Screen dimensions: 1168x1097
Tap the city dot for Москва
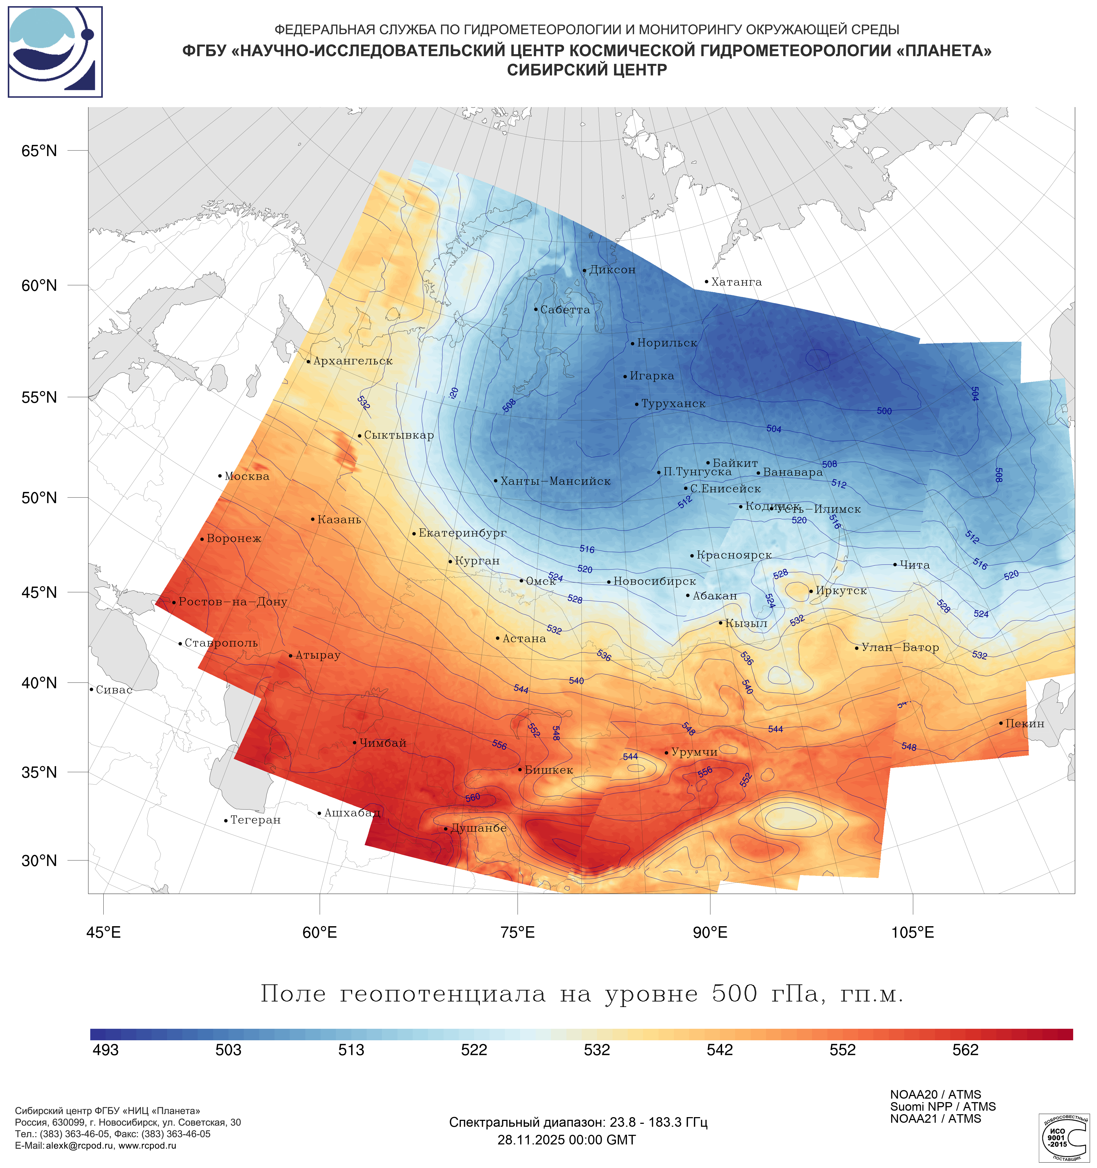(220, 476)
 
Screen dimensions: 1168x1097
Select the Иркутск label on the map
(841, 591)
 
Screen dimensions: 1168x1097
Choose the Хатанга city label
(736, 282)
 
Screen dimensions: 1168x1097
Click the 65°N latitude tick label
(39, 151)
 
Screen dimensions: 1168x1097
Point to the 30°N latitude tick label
(39, 861)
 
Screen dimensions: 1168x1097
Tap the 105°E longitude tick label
(912, 932)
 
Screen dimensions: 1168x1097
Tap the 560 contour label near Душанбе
(472, 798)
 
